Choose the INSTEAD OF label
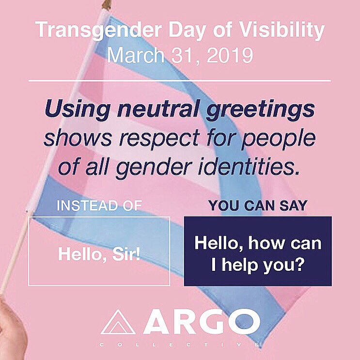point(99,205)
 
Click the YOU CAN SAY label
point(258,205)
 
